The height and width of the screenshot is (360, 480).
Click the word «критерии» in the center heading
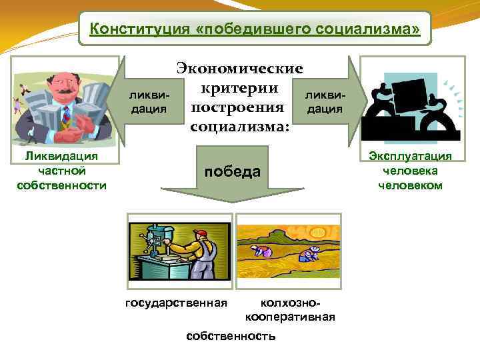point(239,88)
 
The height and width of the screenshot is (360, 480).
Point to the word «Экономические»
point(239,69)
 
